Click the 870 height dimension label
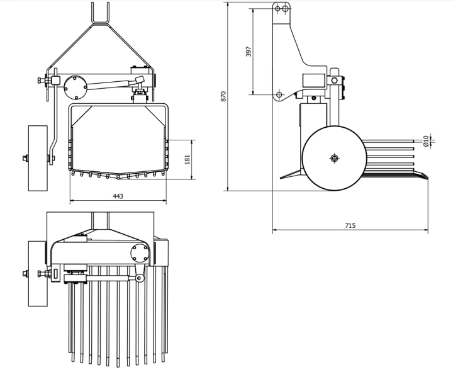(x=223, y=96)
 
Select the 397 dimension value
(x=249, y=52)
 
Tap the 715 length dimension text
(x=350, y=225)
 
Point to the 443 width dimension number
(x=118, y=196)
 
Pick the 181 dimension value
(x=187, y=159)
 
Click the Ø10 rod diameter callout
(x=425, y=141)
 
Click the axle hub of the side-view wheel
(x=334, y=158)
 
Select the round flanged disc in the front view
(x=75, y=87)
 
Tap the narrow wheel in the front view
(x=38, y=158)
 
